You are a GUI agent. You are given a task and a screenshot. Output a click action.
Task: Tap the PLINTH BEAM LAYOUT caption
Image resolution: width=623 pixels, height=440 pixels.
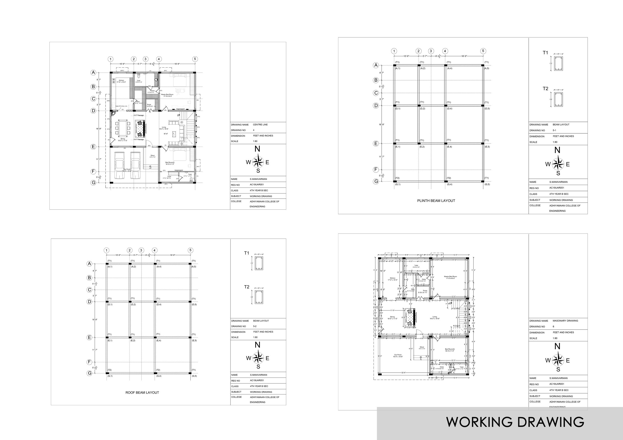pyautogui.click(x=436, y=201)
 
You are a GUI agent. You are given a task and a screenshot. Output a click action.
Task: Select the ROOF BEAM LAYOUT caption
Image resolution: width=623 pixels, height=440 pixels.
pyautogui.click(x=142, y=392)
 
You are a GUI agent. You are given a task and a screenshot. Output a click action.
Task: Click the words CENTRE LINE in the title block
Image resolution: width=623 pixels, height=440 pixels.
pyautogui.click(x=260, y=125)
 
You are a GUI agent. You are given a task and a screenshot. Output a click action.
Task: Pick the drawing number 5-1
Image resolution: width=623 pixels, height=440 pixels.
pyautogui.click(x=554, y=130)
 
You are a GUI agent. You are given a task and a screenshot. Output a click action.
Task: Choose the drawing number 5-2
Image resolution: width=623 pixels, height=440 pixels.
pyautogui.click(x=255, y=326)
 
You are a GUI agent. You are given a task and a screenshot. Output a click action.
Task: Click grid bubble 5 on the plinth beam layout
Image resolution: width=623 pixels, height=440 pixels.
pyautogui.click(x=483, y=51)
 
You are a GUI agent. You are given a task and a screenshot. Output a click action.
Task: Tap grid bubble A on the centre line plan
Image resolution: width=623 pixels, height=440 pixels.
pyautogui.click(x=93, y=72)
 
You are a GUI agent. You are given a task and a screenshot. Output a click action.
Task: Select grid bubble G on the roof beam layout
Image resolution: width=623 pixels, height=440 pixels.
pyautogui.click(x=89, y=373)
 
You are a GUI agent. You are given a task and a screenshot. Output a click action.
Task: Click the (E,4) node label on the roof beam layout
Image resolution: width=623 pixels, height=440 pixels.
pyautogui.click(x=159, y=340)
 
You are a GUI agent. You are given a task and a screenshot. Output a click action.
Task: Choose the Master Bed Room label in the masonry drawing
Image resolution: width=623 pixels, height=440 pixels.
pyautogui.click(x=450, y=277)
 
